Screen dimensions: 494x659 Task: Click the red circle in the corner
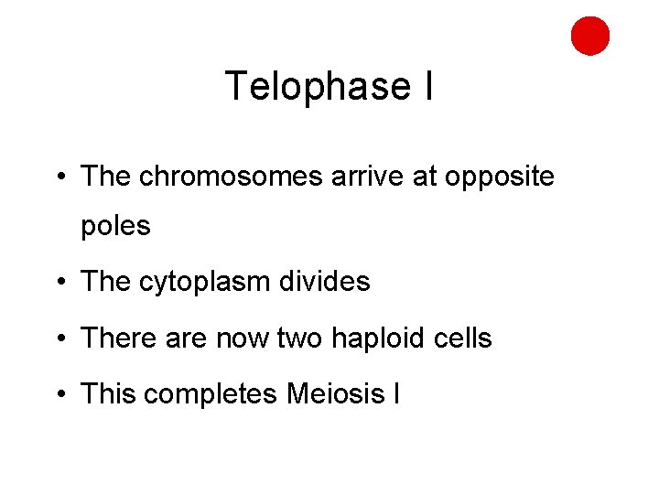(590, 36)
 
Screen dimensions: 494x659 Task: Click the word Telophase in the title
(306, 87)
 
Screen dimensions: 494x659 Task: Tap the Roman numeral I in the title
(427, 87)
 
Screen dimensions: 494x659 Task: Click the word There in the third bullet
(114, 338)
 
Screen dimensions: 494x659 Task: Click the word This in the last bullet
(108, 394)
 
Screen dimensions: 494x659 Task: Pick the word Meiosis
(336, 394)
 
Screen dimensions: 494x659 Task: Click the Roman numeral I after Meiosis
(395, 394)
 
